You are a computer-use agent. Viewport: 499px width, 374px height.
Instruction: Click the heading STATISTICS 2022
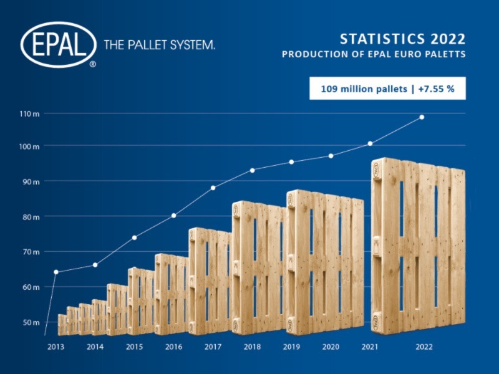click(402, 39)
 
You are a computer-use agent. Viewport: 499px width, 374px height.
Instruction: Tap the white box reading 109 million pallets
click(387, 89)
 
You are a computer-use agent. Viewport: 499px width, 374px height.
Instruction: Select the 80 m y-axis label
click(31, 217)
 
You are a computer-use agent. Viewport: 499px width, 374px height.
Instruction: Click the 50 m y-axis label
click(31, 322)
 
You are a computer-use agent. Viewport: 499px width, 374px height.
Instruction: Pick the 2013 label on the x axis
click(56, 347)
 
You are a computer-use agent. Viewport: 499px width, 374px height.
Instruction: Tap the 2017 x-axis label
click(213, 347)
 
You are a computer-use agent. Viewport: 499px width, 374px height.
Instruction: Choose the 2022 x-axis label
click(424, 347)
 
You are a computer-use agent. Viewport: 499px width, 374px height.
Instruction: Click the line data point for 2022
click(422, 117)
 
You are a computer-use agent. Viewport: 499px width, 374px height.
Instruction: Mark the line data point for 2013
click(56, 272)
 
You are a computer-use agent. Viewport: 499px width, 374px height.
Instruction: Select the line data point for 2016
click(173, 216)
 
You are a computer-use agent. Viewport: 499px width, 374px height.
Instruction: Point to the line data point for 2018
click(252, 170)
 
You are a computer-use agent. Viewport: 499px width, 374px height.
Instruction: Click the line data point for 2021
click(371, 144)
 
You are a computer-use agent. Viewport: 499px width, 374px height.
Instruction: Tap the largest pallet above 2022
click(418, 246)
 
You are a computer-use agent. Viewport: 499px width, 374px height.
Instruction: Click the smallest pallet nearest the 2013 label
click(62, 325)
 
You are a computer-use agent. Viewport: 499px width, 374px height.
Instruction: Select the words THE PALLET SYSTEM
click(159, 45)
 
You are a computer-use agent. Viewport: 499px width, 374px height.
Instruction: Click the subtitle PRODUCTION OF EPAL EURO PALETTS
click(374, 54)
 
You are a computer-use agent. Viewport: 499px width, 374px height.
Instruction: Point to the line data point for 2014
click(95, 265)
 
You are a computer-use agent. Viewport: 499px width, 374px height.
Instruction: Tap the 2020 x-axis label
click(331, 347)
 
